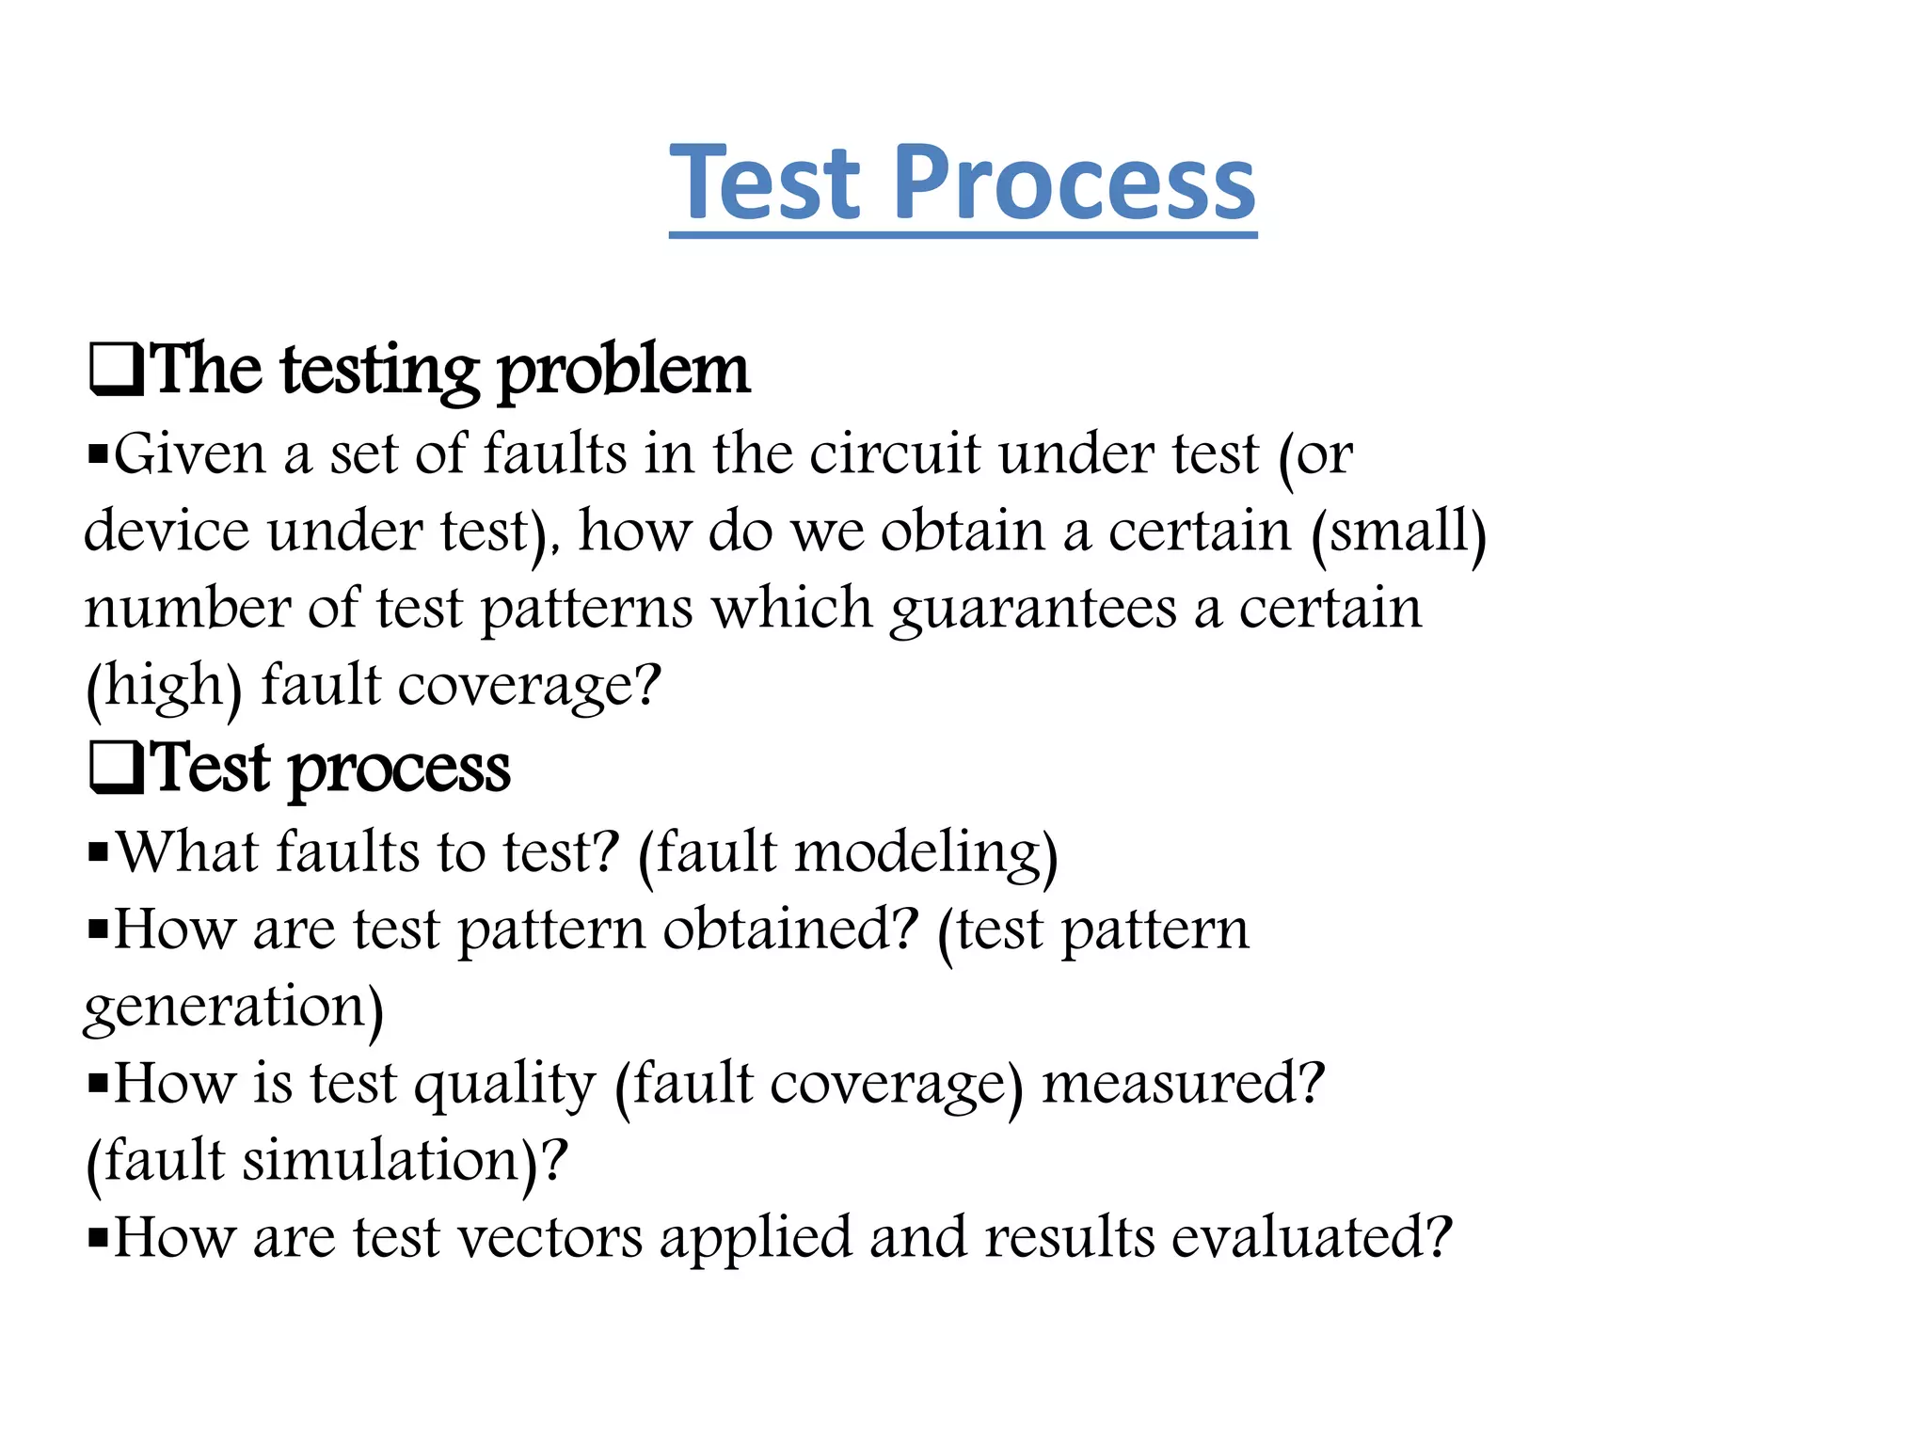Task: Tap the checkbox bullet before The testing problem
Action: tap(116, 370)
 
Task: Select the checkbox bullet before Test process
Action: tap(116, 768)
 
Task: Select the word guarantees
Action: tap(1033, 610)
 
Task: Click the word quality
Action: tap(505, 1085)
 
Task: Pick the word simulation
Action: tap(382, 1161)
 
